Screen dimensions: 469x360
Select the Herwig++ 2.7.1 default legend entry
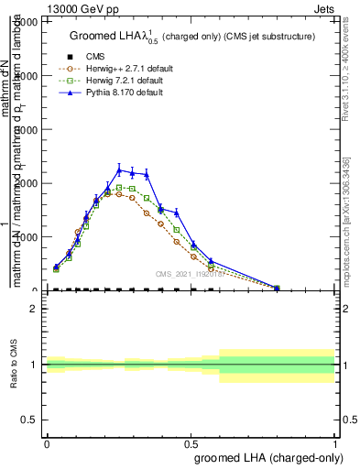[115, 68]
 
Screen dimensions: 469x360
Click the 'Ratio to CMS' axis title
[15, 364]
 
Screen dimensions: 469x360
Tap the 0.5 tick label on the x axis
[191, 442]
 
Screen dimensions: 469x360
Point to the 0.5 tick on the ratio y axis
[33, 420]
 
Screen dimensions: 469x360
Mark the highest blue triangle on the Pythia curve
[119, 169]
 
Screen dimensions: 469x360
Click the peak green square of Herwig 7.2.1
[119, 187]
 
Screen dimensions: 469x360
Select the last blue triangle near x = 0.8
[277, 288]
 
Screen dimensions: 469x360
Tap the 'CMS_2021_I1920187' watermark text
[190, 273]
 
